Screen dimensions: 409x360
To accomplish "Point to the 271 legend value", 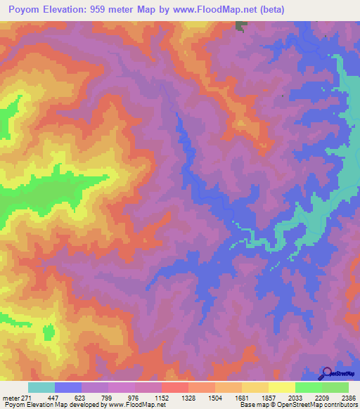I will click(27, 397).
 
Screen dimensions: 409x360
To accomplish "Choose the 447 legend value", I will click(53, 397).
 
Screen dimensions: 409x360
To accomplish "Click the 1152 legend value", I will click(161, 397).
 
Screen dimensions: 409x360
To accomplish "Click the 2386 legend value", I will click(348, 397).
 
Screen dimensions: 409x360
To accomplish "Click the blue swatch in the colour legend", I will click(67, 387).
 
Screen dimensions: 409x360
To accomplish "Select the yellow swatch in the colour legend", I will click(281, 387).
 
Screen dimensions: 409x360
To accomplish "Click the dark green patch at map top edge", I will click(241, 25).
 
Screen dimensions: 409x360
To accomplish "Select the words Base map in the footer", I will click(252, 405).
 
